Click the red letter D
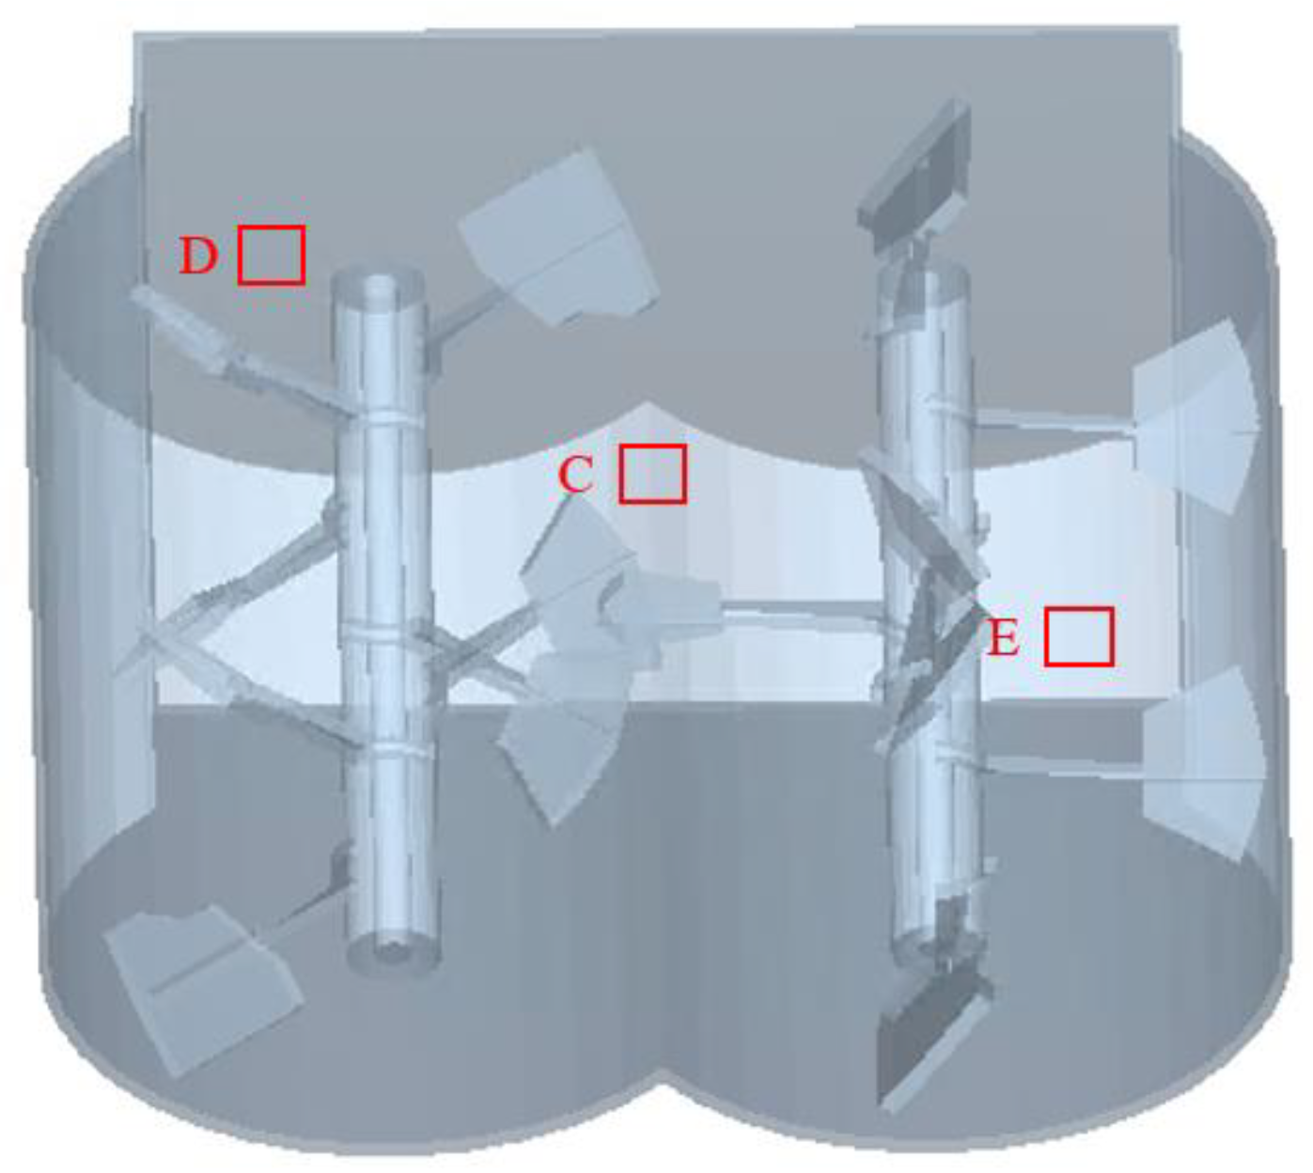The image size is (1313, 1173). tap(197, 256)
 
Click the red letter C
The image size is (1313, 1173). tap(575, 474)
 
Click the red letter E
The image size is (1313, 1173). tap(1003, 637)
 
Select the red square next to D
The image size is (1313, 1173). tap(272, 255)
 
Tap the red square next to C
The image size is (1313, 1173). tap(652, 474)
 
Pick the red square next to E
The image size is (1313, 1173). tap(1079, 636)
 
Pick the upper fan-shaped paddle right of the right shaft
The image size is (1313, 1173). tap(1196, 416)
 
